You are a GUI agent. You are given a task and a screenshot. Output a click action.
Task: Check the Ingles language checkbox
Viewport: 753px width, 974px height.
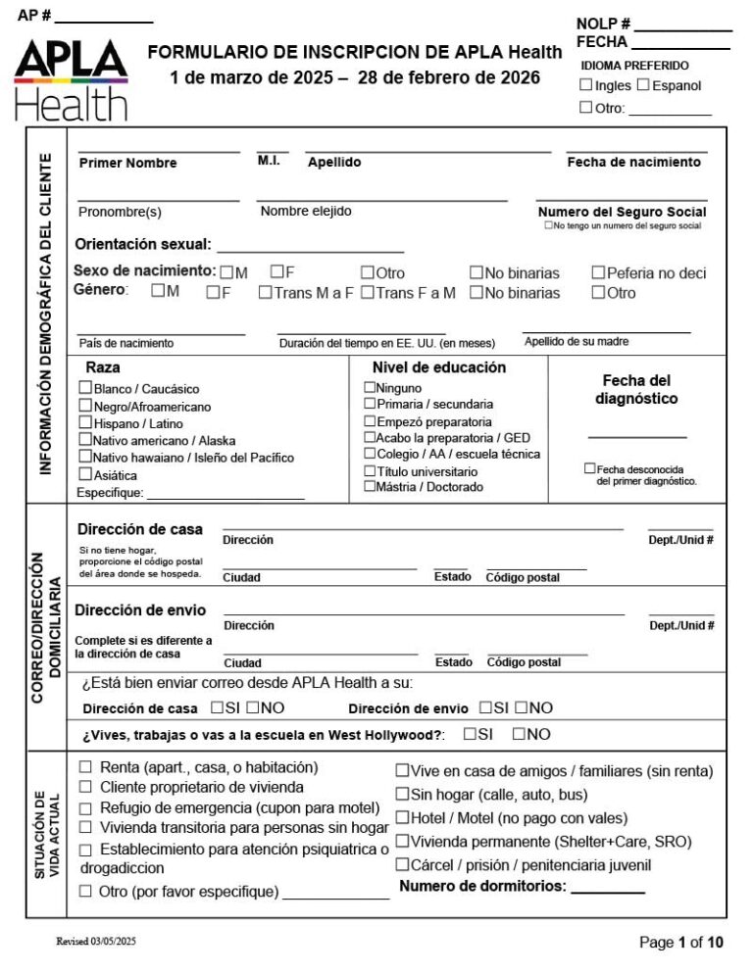click(x=585, y=85)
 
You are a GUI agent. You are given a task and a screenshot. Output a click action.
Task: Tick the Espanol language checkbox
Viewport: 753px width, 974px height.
click(x=643, y=85)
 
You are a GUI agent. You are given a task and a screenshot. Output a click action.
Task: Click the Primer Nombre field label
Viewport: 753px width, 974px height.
click(x=127, y=163)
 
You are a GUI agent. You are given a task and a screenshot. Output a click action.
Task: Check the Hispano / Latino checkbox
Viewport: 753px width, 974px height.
click(x=85, y=423)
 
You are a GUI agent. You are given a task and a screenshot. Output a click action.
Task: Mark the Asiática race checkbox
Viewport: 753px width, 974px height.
click(x=85, y=474)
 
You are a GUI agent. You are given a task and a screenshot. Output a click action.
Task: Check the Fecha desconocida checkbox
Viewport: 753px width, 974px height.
click(x=589, y=469)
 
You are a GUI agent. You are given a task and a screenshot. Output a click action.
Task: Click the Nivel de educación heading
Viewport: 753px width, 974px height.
click(x=439, y=367)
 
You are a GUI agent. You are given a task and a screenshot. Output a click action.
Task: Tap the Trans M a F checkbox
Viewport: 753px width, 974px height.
click(x=265, y=292)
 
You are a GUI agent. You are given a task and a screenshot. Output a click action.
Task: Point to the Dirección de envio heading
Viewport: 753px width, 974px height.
click(x=140, y=609)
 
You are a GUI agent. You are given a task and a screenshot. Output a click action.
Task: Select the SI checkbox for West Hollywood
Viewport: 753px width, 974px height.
click(x=471, y=733)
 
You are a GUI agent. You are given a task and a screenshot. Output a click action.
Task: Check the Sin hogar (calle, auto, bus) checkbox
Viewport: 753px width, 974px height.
click(x=402, y=794)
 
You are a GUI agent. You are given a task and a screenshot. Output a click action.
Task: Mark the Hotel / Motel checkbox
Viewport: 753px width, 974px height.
click(x=402, y=817)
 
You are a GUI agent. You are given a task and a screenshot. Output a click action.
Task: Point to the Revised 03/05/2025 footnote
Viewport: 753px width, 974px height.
click(x=96, y=941)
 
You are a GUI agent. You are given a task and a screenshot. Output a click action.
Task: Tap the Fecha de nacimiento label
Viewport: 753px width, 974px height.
click(x=633, y=163)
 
